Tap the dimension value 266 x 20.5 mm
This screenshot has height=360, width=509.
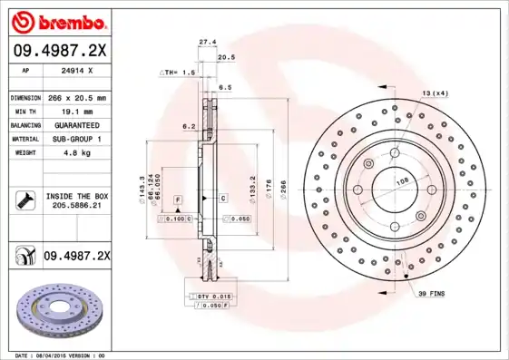(x=75, y=97)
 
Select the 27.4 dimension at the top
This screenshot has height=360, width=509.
(x=207, y=42)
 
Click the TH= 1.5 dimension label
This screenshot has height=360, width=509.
(x=178, y=72)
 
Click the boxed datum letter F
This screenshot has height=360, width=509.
(x=177, y=197)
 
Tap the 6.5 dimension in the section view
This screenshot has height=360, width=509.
(x=224, y=87)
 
